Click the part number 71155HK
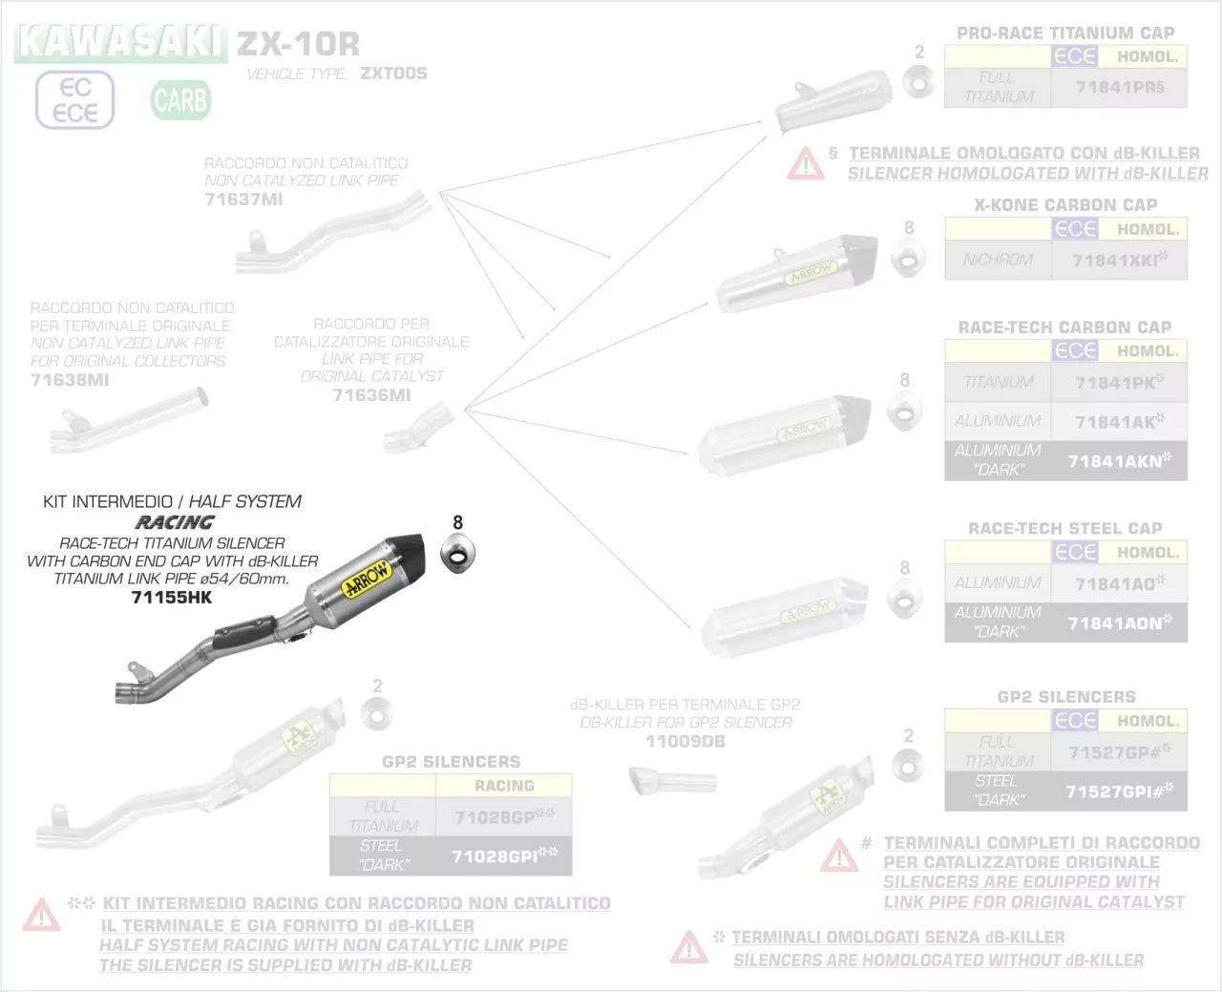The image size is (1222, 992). pos(172,598)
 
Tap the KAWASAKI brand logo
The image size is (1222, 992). pos(120,42)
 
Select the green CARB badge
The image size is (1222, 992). pos(180,100)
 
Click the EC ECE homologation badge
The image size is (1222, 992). pos(75,100)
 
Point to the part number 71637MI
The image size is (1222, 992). pos(243,200)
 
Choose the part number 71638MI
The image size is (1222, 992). pos(70,380)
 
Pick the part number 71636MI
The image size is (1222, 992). pos(371,395)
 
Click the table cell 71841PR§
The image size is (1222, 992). pos(1119,87)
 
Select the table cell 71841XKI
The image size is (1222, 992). pos(1119,260)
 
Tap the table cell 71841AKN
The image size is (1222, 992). pos(1119,460)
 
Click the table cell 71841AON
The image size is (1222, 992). pos(1119,623)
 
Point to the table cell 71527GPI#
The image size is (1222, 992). pos(1119,791)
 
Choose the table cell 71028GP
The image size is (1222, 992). pos(504,817)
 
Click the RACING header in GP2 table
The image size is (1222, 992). pos(504,786)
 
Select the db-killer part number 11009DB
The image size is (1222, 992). pos(685,742)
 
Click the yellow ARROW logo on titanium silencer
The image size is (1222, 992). pos(367,580)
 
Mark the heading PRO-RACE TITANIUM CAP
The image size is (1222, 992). pos(1065,33)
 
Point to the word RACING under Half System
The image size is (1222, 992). pos(175,522)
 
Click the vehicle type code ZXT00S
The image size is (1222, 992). pos(393,74)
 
